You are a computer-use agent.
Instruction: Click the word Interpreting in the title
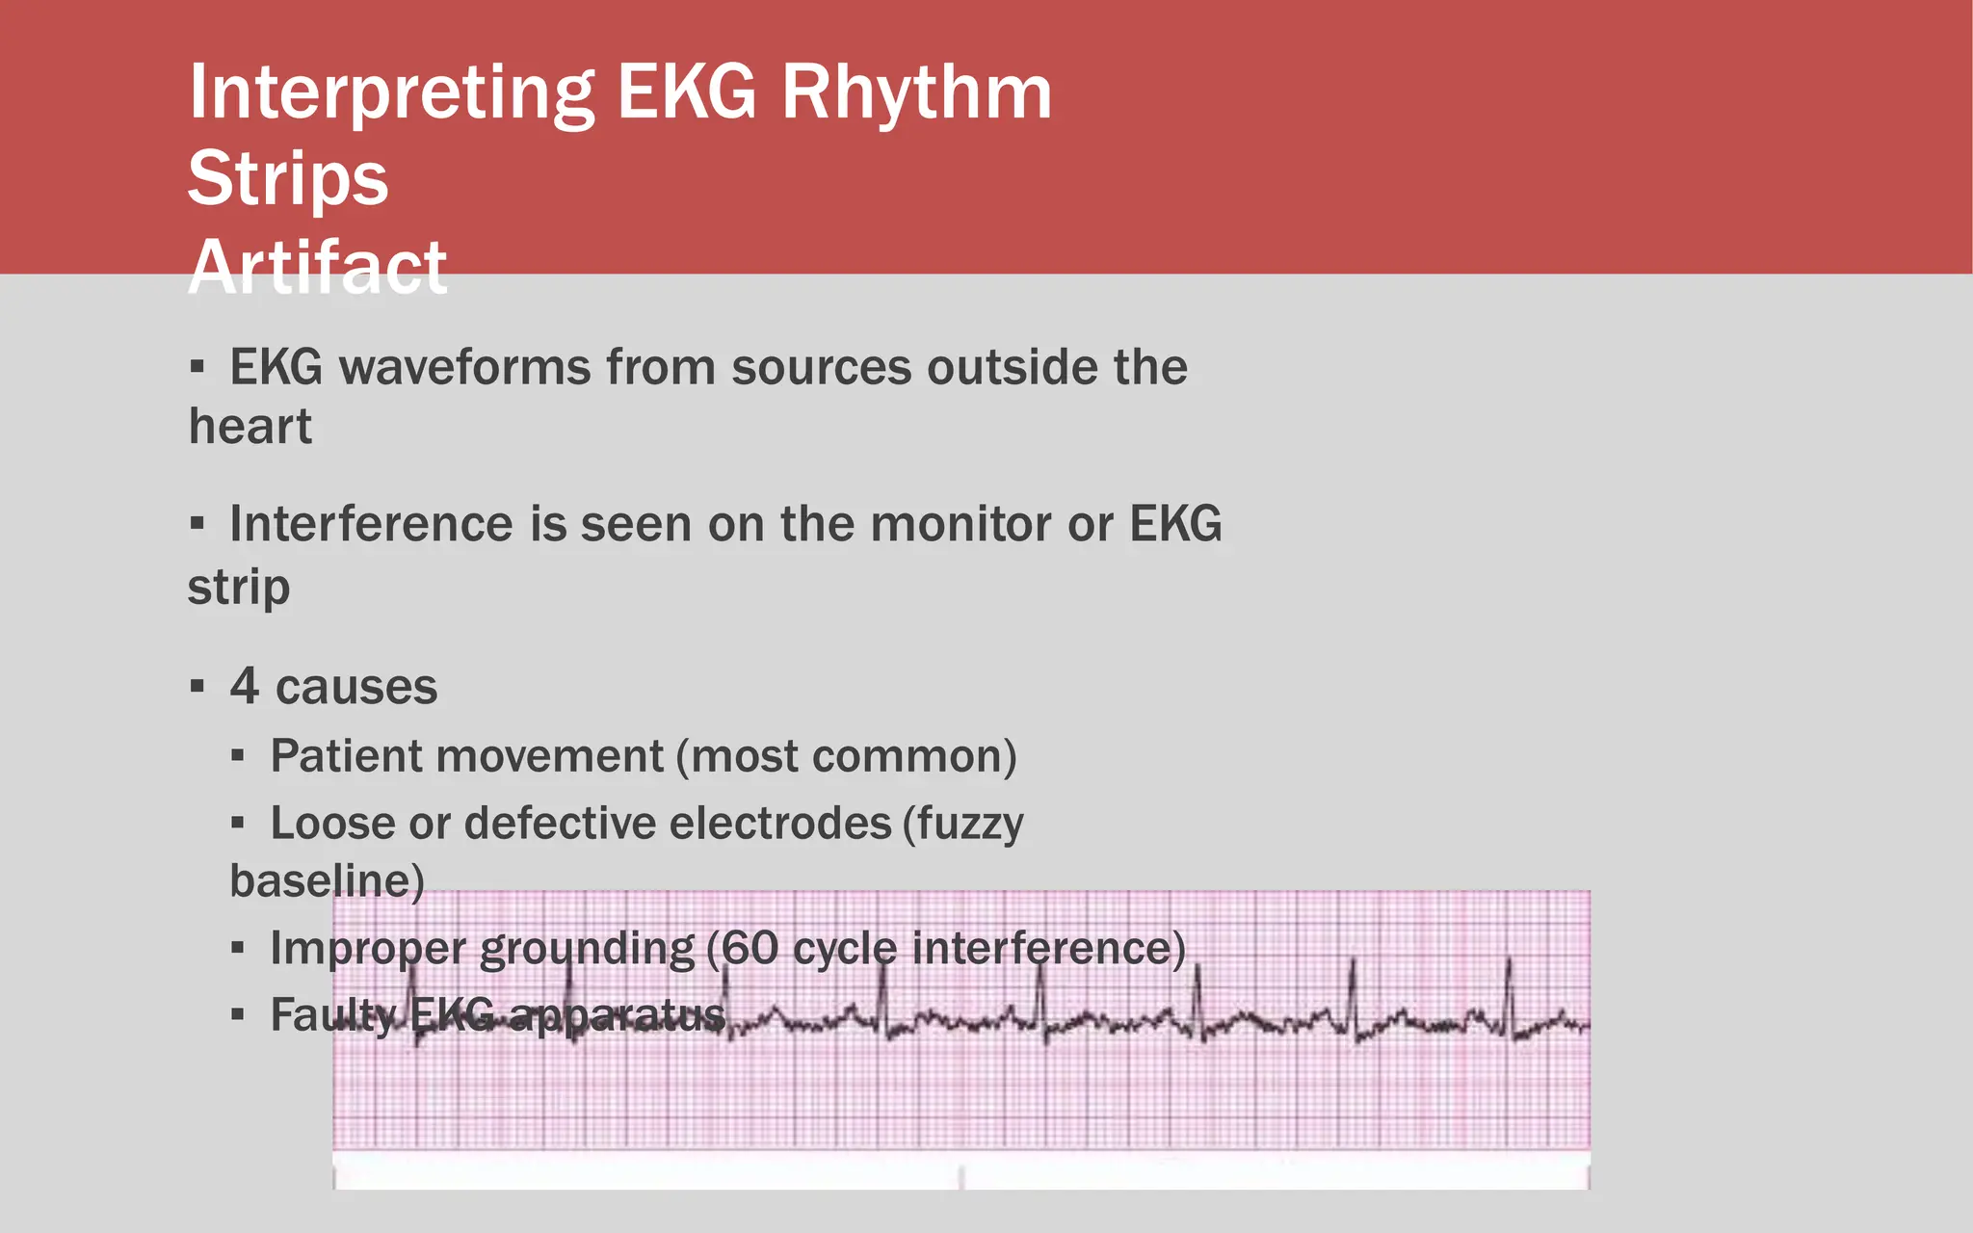(x=391, y=94)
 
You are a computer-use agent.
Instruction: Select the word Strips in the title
(x=287, y=179)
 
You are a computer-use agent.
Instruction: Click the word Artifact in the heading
(x=318, y=266)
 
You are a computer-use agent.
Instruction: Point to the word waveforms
(x=464, y=368)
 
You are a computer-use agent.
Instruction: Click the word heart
(x=250, y=427)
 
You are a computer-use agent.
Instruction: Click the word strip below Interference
(x=238, y=587)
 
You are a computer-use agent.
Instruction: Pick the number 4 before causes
(x=244, y=687)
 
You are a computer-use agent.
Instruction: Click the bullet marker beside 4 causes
(x=197, y=687)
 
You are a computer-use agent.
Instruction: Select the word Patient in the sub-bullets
(x=344, y=756)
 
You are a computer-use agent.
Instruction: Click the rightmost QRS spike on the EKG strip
(x=1509, y=992)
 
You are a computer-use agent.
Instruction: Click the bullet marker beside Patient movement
(x=238, y=756)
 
